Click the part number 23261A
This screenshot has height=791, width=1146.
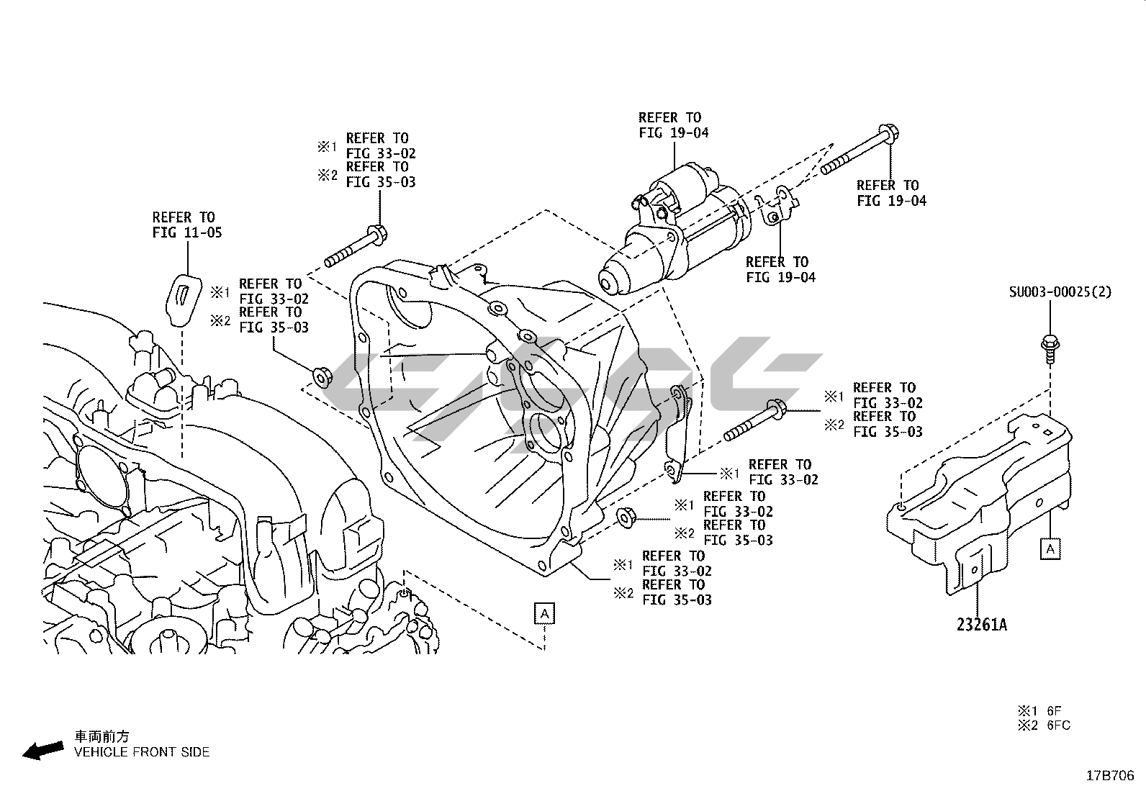pos(981,625)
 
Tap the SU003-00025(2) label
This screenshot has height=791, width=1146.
pos(1060,291)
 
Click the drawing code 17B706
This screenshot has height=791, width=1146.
pos(1109,776)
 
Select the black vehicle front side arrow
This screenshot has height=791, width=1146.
pos(42,751)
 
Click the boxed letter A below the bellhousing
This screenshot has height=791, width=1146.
pos(545,614)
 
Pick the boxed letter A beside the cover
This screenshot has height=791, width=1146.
pos(1050,549)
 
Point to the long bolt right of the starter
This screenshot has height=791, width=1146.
pos(860,153)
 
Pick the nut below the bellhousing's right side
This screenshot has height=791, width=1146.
pos(625,516)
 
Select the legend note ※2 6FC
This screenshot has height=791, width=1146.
pos(1043,726)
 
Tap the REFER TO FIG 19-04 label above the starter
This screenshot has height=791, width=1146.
pos(673,125)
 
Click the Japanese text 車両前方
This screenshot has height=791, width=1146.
pos(102,736)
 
